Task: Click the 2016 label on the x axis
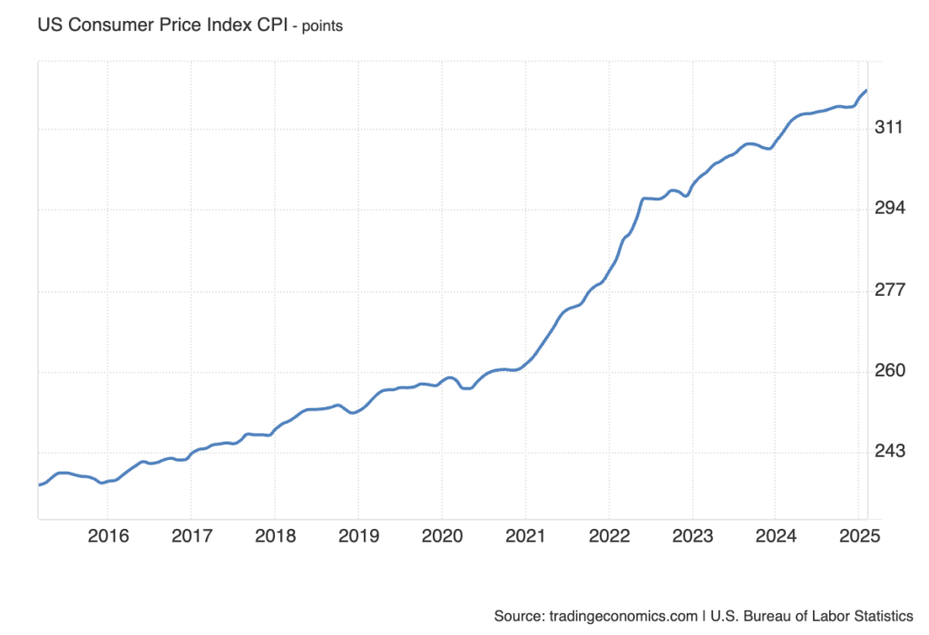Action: click(106, 536)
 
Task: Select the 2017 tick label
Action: click(190, 536)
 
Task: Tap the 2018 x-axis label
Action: click(273, 536)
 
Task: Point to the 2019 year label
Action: click(357, 536)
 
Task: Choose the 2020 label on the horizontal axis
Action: click(440, 536)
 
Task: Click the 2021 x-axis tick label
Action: click(524, 536)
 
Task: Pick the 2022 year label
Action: click(608, 536)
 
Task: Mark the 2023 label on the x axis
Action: click(691, 536)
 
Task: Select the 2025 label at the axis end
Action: click(857, 536)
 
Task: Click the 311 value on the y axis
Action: click(890, 128)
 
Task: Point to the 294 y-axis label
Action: click(890, 209)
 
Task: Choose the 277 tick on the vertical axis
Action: click(890, 290)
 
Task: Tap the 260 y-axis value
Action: click(890, 371)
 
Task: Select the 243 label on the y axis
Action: click(890, 452)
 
